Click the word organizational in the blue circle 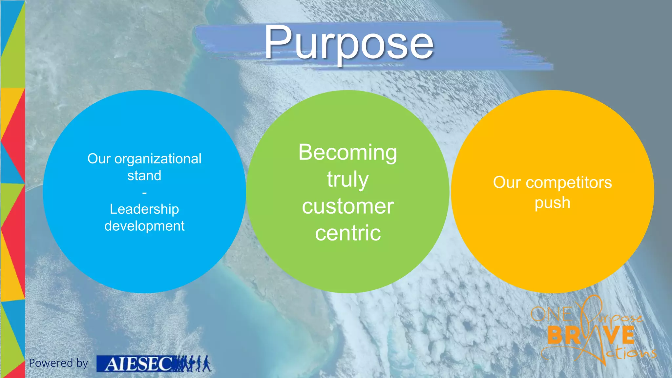tap(157, 159)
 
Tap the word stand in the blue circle tap(144, 176)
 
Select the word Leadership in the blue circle tap(144, 209)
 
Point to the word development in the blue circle tap(144, 226)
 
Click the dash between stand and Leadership tap(144, 193)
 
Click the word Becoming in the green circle tap(347, 153)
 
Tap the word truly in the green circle tap(347, 180)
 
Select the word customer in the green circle tap(347, 206)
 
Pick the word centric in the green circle tap(347, 233)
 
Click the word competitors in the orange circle tap(569, 182)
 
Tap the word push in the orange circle tap(552, 203)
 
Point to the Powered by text tap(58, 363)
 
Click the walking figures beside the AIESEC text tap(194, 363)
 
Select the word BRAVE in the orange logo tap(591, 335)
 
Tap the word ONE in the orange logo tap(551, 314)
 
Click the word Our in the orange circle tap(507, 182)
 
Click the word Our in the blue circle tap(98, 159)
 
